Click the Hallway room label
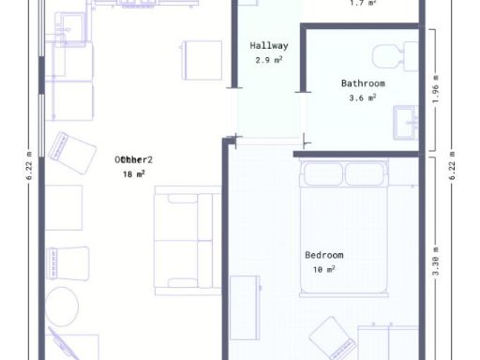click(269, 45)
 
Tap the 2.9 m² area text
click(269, 59)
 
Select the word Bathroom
click(363, 82)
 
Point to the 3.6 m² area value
click(363, 97)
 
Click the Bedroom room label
click(324, 255)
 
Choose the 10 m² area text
click(324, 269)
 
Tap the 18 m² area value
click(133, 173)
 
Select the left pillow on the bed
click(322, 174)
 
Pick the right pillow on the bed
click(367, 174)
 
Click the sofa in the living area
click(187, 238)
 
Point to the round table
click(63, 306)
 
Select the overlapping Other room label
click(133, 159)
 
